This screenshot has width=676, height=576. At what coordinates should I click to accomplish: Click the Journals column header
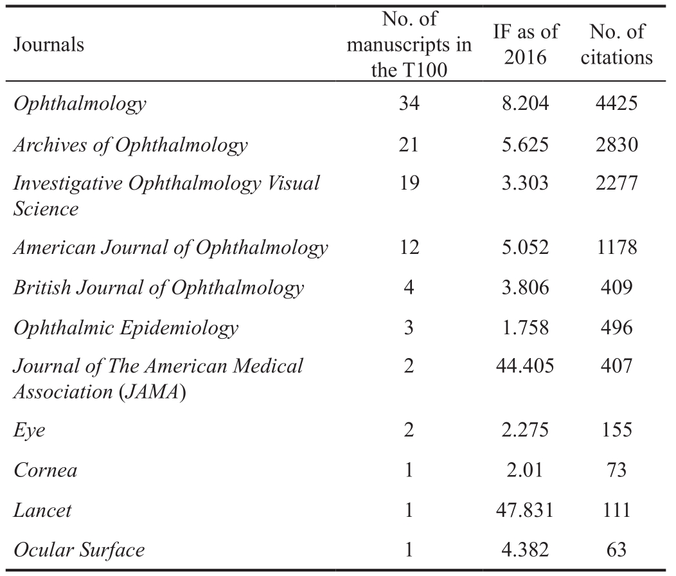(49, 44)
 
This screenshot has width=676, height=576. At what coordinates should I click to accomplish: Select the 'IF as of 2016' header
(526, 44)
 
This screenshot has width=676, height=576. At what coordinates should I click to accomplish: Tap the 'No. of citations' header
(616, 44)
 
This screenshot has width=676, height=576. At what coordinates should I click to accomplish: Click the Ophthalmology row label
(80, 104)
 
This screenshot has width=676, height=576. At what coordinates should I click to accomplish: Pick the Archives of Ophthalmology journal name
(130, 145)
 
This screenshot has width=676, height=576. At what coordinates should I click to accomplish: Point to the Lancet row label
(42, 510)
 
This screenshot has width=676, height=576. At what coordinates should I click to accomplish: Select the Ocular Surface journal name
(79, 550)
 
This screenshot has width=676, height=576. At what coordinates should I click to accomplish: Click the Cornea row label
(45, 470)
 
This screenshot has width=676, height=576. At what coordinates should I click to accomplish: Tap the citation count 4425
(616, 103)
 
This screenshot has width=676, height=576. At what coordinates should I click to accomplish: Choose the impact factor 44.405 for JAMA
(525, 366)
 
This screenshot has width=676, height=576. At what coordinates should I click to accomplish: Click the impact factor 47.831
(525, 510)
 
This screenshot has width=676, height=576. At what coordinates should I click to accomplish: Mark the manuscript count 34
(409, 103)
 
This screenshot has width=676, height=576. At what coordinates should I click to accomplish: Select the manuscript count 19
(409, 183)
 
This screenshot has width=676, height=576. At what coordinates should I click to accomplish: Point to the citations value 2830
(616, 144)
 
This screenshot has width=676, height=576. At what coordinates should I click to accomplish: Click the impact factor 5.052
(525, 248)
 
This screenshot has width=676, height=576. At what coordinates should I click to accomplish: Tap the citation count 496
(616, 327)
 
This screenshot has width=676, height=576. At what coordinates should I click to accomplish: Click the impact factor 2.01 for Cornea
(525, 470)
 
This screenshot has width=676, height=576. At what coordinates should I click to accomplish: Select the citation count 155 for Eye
(616, 430)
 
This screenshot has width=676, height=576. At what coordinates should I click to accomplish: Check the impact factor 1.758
(525, 327)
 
